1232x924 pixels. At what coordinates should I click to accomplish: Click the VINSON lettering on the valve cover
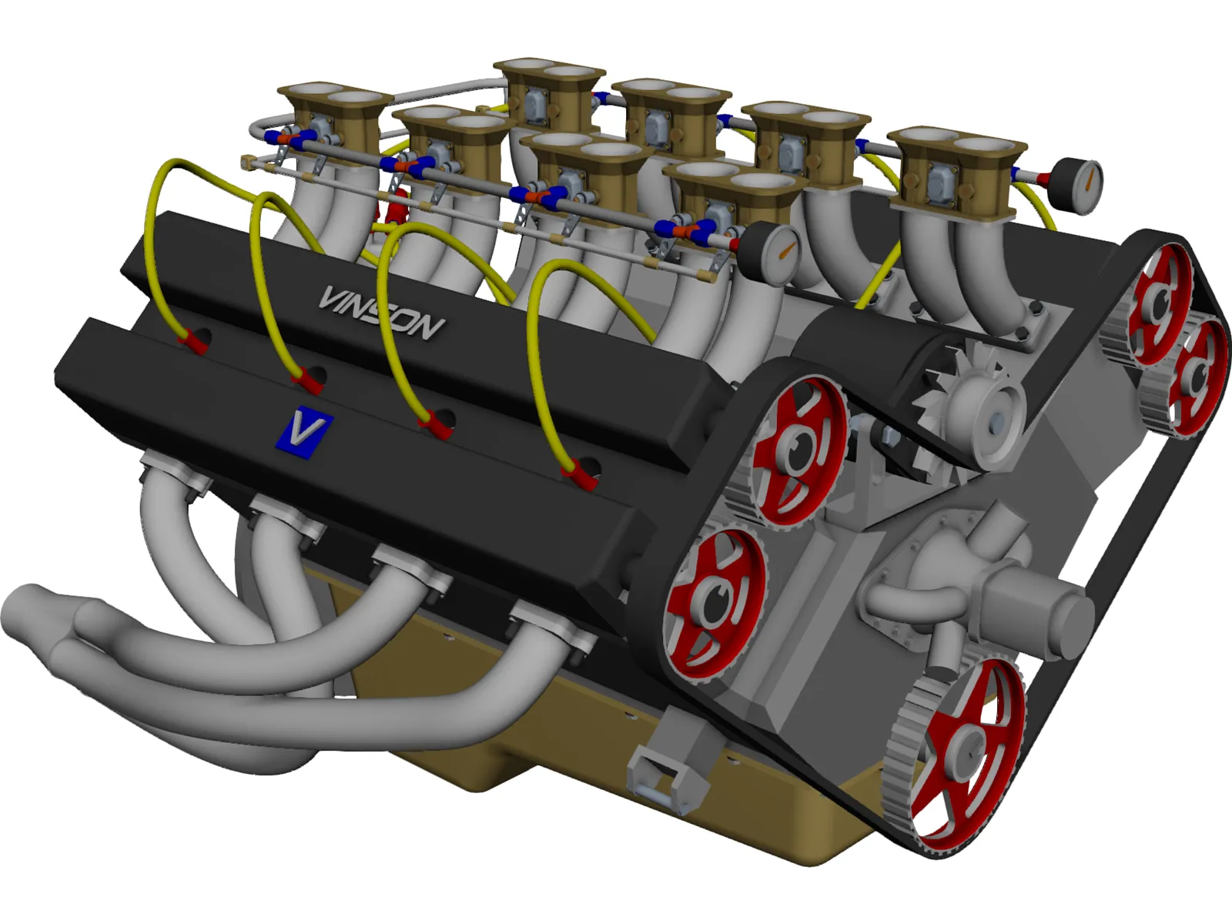coord(381,312)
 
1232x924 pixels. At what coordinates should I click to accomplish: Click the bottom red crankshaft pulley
coord(966,755)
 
